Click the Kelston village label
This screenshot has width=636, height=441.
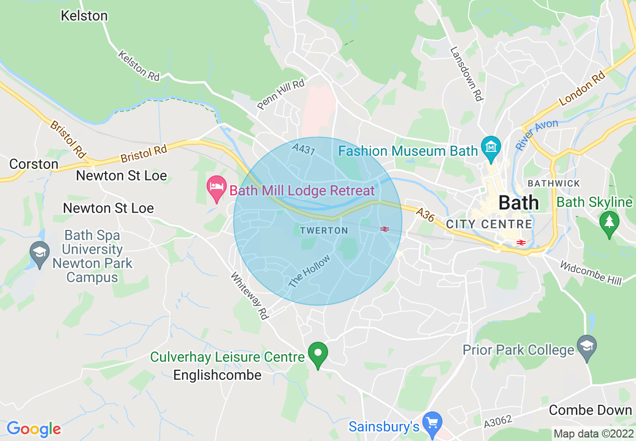84,16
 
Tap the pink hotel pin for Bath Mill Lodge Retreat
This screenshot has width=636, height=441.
216,188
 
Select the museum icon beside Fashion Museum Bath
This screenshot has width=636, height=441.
491,147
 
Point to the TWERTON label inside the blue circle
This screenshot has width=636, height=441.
324,231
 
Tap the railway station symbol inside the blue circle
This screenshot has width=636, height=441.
385,229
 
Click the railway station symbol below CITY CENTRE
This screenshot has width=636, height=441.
521,243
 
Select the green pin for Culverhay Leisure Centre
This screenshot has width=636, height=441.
317,354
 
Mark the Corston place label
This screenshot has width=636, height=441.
34,164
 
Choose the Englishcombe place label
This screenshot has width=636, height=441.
217,375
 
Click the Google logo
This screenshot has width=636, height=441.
34,429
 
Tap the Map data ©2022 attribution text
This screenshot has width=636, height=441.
592,433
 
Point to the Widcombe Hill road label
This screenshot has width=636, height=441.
591,273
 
